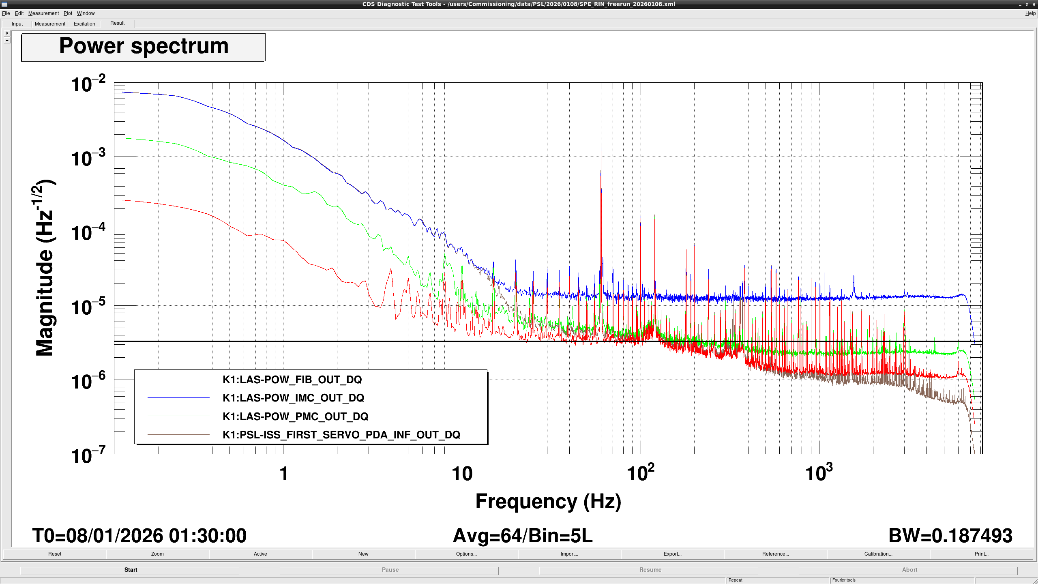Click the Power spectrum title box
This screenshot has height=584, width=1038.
point(144,47)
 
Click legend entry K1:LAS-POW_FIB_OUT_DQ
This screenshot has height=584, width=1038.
point(292,380)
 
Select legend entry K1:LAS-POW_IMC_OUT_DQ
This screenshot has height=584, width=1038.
point(293,398)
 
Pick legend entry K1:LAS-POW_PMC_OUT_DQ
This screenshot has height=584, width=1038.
point(295,417)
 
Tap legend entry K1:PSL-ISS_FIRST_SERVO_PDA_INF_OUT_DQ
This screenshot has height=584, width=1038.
point(341,435)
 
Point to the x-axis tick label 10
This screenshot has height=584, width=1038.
point(462,474)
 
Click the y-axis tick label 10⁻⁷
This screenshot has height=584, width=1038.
point(88,455)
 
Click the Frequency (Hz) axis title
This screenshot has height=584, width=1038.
point(548,501)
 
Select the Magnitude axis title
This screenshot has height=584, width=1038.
point(45,268)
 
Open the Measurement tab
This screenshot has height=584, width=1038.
point(50,24)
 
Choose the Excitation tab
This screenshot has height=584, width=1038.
point(84,24)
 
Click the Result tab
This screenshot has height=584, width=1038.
point(118,23)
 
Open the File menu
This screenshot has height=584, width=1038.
point(6,13)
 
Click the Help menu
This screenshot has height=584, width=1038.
point(1030,13)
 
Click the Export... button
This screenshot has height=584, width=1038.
point(672,554)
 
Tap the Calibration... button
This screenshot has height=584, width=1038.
point(878,554)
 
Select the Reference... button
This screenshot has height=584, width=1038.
point(775,554)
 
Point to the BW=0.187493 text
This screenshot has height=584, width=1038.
point(950,536)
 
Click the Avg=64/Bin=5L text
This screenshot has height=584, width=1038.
point(523,536)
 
